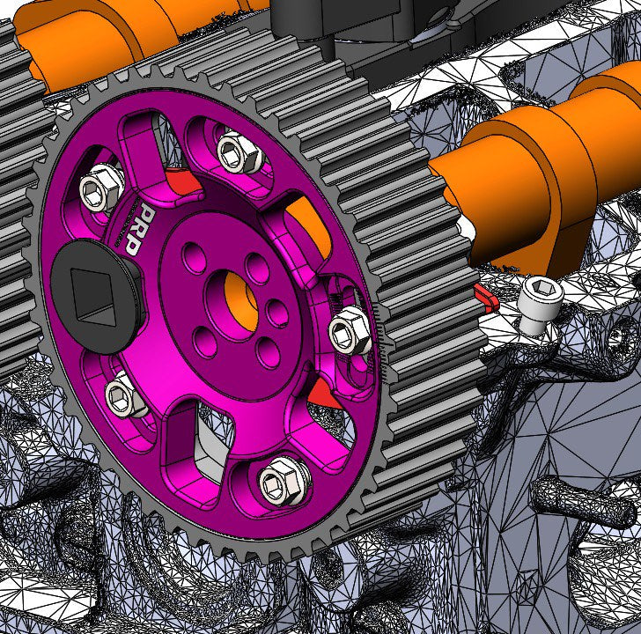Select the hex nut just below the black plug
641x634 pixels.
126,397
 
